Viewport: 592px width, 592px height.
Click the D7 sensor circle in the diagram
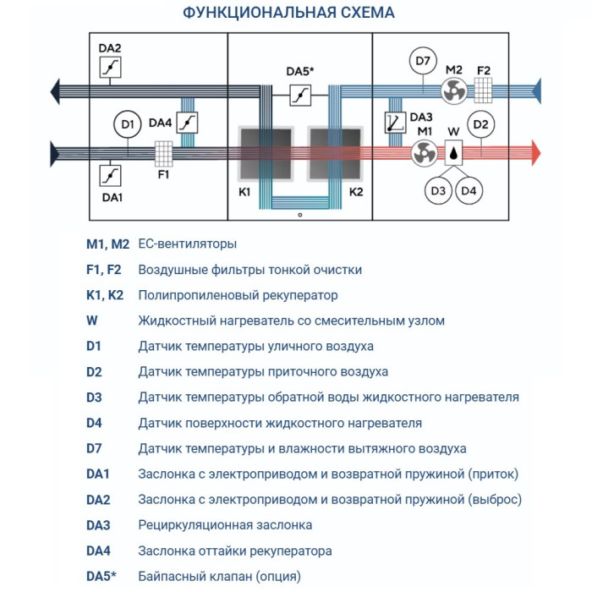(423, 61)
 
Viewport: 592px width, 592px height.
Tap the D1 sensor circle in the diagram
(127, 126)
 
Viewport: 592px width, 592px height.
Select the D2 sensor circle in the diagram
(480, 124)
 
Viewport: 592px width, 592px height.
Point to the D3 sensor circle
(438, 191)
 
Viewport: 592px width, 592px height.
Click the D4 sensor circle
(469, 191)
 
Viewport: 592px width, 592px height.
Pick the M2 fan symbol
(453, 89)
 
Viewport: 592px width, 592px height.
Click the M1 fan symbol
(424, 153)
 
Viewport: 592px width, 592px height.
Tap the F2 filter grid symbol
(484, 89)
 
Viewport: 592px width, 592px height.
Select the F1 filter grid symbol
(163, 153)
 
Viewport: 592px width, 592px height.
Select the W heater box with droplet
(454, 153)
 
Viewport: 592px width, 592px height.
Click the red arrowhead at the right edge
(534, 152)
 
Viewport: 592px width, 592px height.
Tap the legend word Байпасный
(173, 576)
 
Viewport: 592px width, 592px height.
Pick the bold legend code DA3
(98, 525)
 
